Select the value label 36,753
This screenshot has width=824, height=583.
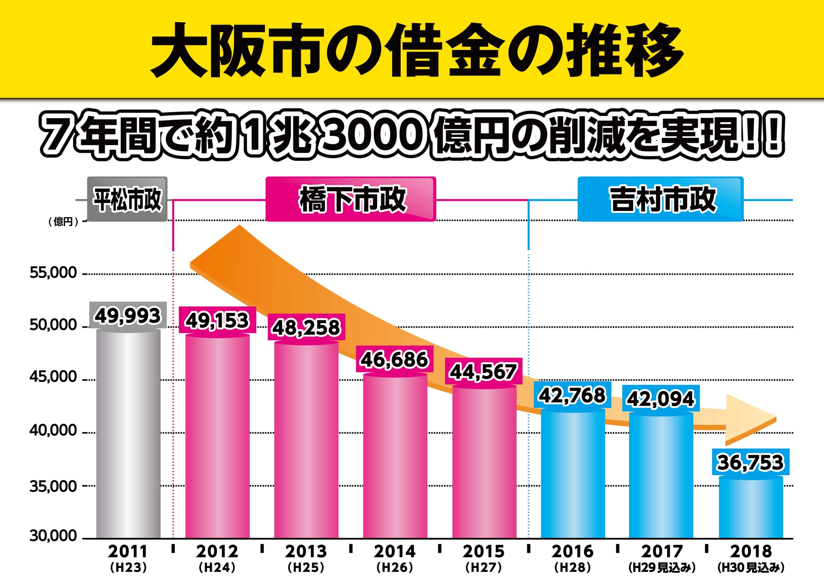point(750,462)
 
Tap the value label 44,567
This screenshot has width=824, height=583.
point(483,372)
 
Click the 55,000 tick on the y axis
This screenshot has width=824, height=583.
point(53,273)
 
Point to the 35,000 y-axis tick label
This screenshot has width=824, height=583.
point(53,486)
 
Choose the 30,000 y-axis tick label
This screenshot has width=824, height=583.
point(53,536)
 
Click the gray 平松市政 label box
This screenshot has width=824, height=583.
point(127,199)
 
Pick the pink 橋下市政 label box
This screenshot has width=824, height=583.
point(351,199)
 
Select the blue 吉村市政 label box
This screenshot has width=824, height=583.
point(660,199)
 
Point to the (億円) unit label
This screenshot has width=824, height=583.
point(63,222)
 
